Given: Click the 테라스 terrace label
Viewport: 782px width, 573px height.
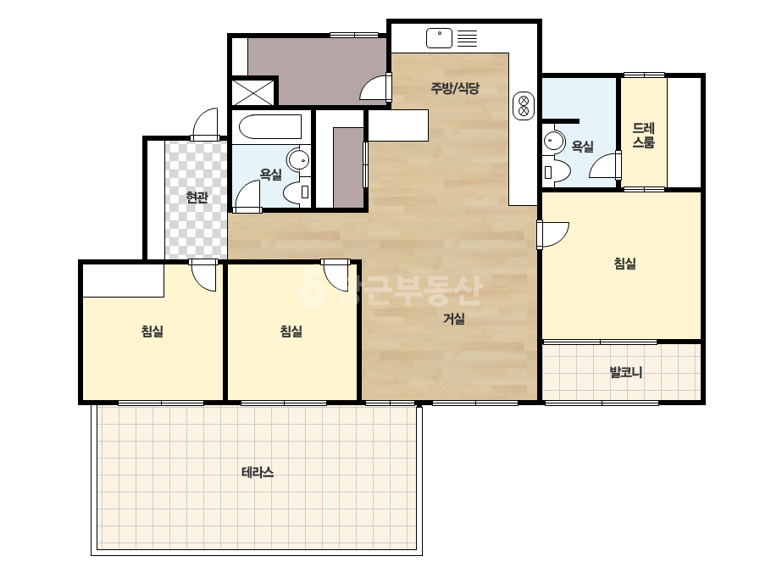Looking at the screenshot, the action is pos(258,472).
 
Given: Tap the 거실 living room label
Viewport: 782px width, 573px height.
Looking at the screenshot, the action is pos(454,319).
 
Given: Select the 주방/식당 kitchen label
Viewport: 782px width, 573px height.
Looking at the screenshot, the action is pos(455,88).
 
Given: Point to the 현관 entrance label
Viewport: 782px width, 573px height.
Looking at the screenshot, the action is pos(197,197).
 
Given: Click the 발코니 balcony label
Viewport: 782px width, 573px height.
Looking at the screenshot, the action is pos(626,372).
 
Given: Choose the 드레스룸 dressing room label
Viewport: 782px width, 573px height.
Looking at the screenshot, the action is pos(643,136).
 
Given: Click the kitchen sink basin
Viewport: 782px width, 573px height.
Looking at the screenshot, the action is pos(439,38).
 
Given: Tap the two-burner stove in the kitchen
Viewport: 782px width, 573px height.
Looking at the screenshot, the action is pos(524,106).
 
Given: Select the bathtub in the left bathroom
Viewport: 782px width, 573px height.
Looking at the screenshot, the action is pos(269,127).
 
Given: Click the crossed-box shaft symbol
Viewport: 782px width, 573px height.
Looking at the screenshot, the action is pos(252,92).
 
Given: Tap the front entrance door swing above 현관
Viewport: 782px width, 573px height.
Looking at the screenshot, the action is pos(205,124).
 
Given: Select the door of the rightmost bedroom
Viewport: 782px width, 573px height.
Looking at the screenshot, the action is pos(552,235).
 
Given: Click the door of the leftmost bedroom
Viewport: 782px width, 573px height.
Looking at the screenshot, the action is pos(203,275).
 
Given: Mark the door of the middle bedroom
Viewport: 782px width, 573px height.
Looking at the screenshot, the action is pos(336,275).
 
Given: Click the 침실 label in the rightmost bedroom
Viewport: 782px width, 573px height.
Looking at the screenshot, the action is pos(625,263).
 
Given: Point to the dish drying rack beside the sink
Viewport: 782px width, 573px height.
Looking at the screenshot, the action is pos(468,38).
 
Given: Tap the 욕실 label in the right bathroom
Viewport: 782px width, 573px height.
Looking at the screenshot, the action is pos(583,147).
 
